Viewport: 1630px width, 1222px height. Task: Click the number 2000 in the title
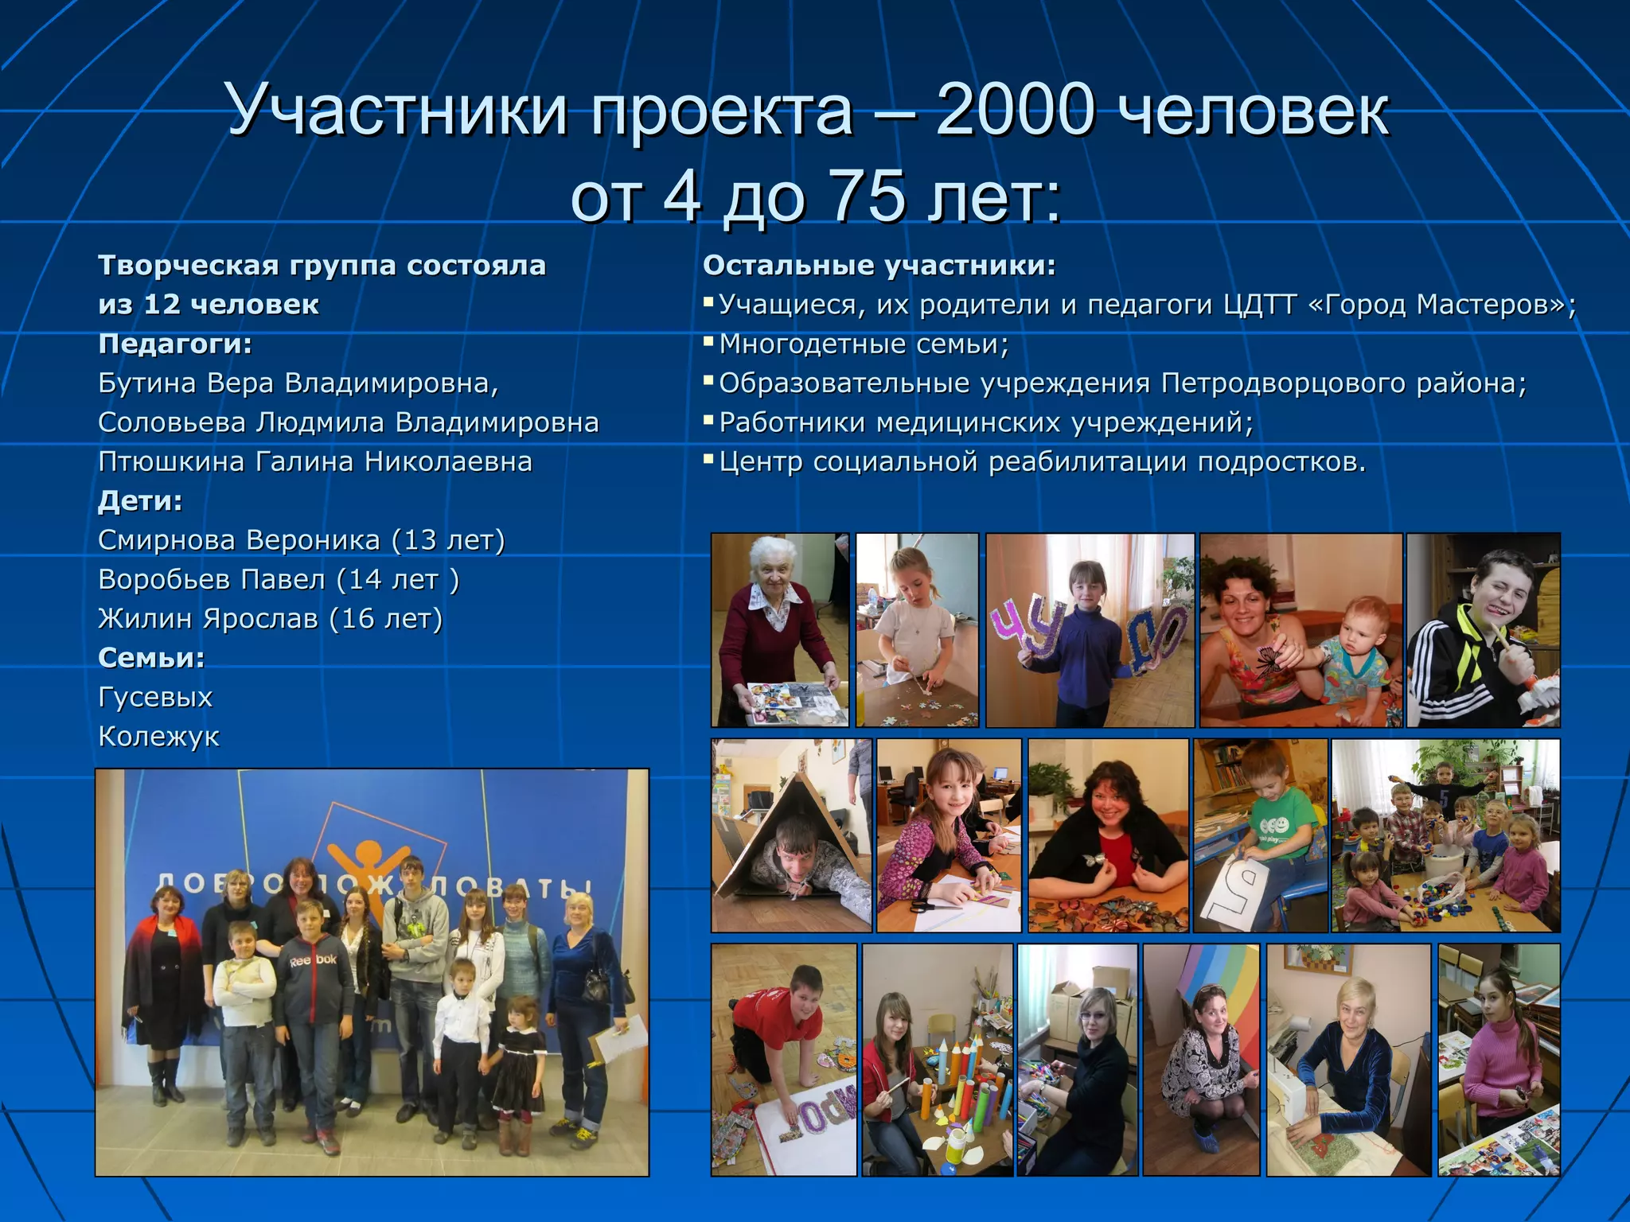[x=1020, y=111]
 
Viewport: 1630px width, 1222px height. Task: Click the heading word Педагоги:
[x=175, y=344]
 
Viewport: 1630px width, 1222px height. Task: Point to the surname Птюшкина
[x=170, y=461]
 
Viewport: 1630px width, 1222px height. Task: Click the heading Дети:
[x=140, y=500]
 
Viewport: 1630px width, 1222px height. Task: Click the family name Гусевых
[x=155, y=697]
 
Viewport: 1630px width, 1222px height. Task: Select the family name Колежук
[x=158, y=736]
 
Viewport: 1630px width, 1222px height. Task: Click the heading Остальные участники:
[x=879, y=265]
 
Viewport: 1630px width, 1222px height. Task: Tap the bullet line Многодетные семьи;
[x=863, y=344]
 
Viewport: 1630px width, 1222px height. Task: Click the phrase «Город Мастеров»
[x=1437, y=305]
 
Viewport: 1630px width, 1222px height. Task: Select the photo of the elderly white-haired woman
[x=779, y=629]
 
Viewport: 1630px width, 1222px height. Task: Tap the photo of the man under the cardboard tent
[x=791, y=835]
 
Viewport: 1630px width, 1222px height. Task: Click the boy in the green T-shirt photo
[x=1261, y=835]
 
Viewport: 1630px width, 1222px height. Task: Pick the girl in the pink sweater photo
[x=1499, y=1060]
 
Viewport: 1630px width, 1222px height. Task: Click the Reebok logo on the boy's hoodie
[x=313, y=960]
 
